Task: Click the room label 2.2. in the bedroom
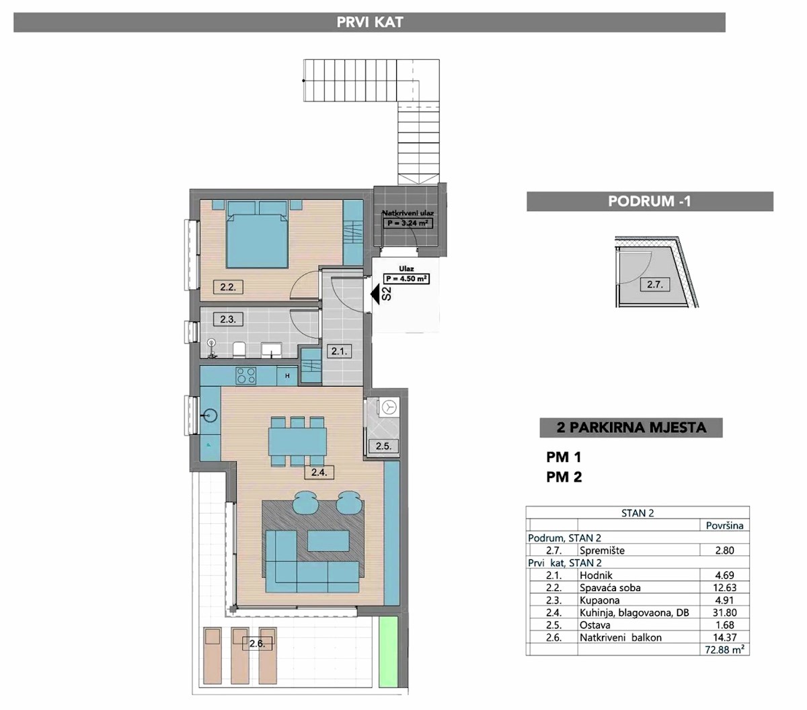pos(228,286)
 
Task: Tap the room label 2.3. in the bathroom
pos(228,319)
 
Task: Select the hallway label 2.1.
pos(339,351)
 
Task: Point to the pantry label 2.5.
pos(383,446)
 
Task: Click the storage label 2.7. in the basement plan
pos(654,284)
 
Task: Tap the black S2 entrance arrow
pos(375,294)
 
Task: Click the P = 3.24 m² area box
pos(408,223)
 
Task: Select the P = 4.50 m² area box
pos(406,279)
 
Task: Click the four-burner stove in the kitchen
pos(246,376)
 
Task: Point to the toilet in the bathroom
pos(239,350)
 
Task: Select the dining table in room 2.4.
pos(297,441)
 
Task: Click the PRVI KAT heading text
pos(370,22)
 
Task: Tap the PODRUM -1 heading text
pos(650,201)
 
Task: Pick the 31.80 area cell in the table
pos(724,613)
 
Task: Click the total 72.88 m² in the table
pos(725,649)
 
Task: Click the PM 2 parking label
pos(564,477)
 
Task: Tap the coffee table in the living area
pos(329,541)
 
